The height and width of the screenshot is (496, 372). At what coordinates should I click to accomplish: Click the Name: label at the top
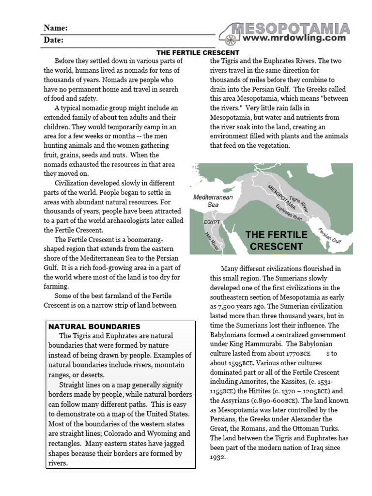[x=56, y=28]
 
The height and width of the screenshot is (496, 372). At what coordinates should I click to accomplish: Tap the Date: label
[x=54, y=40]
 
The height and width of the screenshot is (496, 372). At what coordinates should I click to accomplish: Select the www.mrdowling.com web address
[x=294, y=38]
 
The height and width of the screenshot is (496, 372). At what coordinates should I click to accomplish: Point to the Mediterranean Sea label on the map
[x=213, y=201]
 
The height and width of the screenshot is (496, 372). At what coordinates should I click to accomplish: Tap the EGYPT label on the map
[x=211, y=222]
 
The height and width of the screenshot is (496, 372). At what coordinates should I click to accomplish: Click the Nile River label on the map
[x=212, y=240]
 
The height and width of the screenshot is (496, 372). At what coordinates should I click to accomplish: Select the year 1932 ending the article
[x=218, y=457]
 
